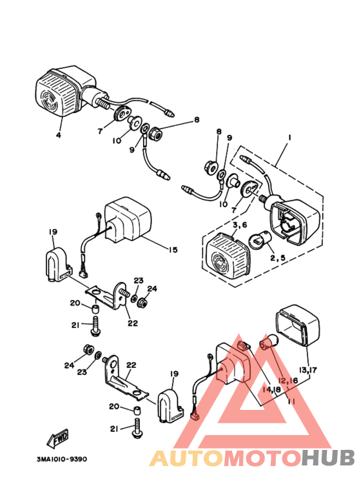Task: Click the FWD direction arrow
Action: click(x=57, y=438)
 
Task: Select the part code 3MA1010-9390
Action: click(x=62, y=459)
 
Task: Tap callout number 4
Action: click(x=59, y=136)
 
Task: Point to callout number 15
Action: click(x=173, y=250)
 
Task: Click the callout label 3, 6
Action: click(x=240, y=225)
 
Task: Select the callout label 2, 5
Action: click(x=278, y=258)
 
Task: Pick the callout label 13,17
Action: click(x=308, y=370)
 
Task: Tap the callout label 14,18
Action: click(x=271, y=389)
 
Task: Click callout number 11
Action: click(x=291, y=402)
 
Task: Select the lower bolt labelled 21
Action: click(x=137, y=429)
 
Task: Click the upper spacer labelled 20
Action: click(x=95, y=309)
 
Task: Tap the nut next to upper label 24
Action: click(x=143, y=302)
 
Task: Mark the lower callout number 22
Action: click(x=132, y=365)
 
